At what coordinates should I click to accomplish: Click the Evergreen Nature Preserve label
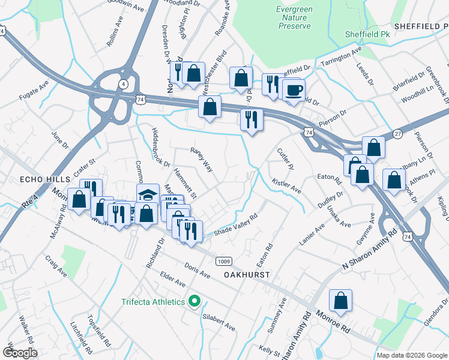[x=294, y=18]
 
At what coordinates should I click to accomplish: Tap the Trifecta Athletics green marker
[x=194, y=301]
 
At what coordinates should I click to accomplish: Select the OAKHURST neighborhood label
[x=244, y=274]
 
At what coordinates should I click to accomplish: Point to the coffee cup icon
[x=294, y=90]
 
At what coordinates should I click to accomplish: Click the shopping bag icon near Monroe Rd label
[x=340, y=301]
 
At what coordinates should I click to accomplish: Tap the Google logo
[x=20, y=353]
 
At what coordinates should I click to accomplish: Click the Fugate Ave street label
[x=33, y=92]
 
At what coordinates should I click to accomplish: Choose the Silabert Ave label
[x=218, y=322]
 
